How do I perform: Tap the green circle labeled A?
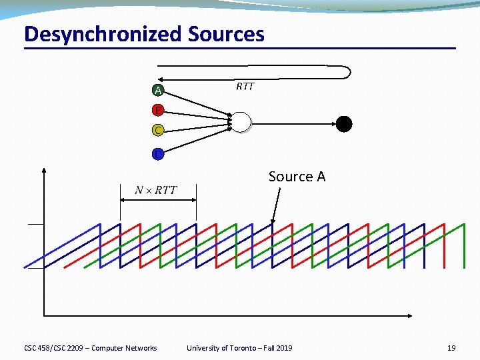tap(157, 90)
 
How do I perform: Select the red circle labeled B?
tap(157, 110)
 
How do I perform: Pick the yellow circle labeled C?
tap(157, 130)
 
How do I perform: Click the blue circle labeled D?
tap(157, 155)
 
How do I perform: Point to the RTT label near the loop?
tap(245, 87)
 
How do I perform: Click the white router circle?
tap(241, 123)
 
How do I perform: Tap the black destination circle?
tap(343, 123)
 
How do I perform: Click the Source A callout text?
tap(297, 177)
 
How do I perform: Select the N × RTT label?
tap(156, 191)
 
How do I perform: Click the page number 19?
tap(451, 348)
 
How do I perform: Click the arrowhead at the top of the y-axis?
tap(43, 170)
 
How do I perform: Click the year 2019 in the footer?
tap(283, 348)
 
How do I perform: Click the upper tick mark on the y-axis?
tap(35, 225)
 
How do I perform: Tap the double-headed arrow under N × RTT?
tap(158, 200)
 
